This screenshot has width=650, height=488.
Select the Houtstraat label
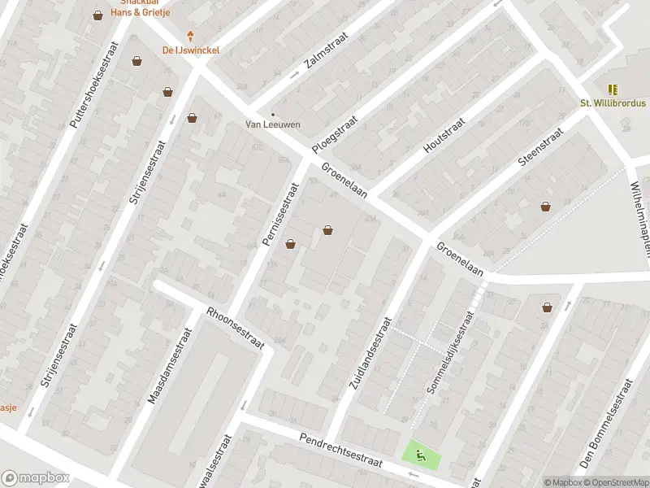[444, 135]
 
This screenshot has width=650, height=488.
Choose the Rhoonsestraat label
[236, 328]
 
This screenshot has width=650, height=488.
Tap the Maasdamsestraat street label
[169, 366]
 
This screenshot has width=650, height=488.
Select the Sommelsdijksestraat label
[449, 353]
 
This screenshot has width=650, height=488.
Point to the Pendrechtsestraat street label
[340, 449]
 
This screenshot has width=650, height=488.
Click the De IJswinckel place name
[191, 50]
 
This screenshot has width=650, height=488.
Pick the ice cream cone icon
[192, 36]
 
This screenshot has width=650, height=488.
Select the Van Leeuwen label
[273, 124]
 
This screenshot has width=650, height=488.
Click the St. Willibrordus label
[612, 103]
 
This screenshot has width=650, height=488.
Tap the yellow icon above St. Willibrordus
[612, 89]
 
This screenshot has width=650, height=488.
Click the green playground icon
[420, 455]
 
